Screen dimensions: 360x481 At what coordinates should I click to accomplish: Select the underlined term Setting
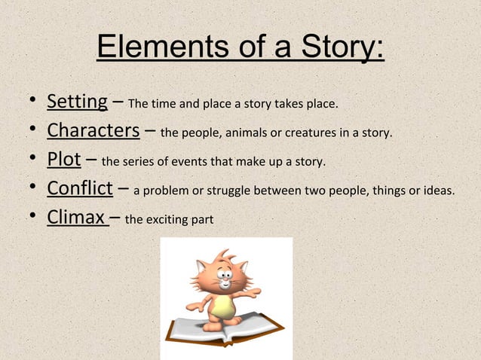coord(77,100)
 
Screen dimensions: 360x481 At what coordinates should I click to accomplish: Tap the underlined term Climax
coord(76,218)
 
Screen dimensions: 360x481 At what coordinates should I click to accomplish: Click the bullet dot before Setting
coord(28,101)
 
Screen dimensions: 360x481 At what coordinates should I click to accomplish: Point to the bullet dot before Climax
coord(28,218)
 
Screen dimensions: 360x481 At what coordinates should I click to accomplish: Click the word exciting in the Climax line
coord(164,221)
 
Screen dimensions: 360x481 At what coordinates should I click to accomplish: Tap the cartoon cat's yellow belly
coord(222,304)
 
